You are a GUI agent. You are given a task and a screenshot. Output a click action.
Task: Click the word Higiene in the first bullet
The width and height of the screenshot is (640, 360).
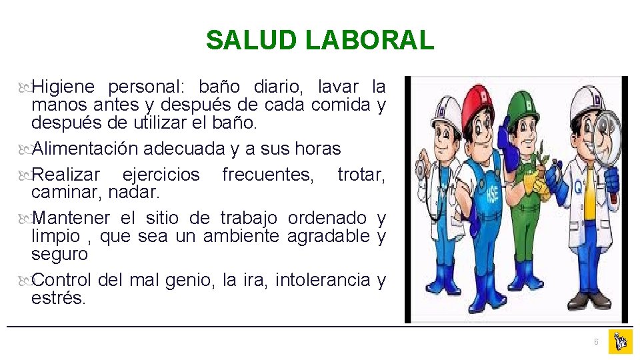pos(64,87)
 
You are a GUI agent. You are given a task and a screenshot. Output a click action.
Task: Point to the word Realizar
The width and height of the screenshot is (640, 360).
pos(66,175)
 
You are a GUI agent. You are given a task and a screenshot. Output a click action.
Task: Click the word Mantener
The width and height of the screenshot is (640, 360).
pos(71,218)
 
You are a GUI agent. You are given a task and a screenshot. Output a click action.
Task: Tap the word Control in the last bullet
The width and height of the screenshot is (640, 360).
pos(65,280)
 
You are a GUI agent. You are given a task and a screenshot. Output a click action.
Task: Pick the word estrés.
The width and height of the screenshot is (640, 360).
pos(59,298)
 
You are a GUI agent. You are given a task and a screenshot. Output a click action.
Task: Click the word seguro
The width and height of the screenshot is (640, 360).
pos(59,254)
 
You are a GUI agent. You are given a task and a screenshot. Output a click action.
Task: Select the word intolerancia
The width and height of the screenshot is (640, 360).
pos(323,280)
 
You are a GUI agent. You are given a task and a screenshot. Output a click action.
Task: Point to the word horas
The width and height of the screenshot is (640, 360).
pos(317,149)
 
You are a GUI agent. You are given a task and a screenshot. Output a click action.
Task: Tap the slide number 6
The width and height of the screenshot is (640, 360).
pos(596,342)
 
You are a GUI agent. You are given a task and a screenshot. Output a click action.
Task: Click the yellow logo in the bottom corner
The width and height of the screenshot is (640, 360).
pos(620,341)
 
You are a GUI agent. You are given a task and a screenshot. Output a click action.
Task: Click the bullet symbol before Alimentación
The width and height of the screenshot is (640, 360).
pos(25,149)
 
